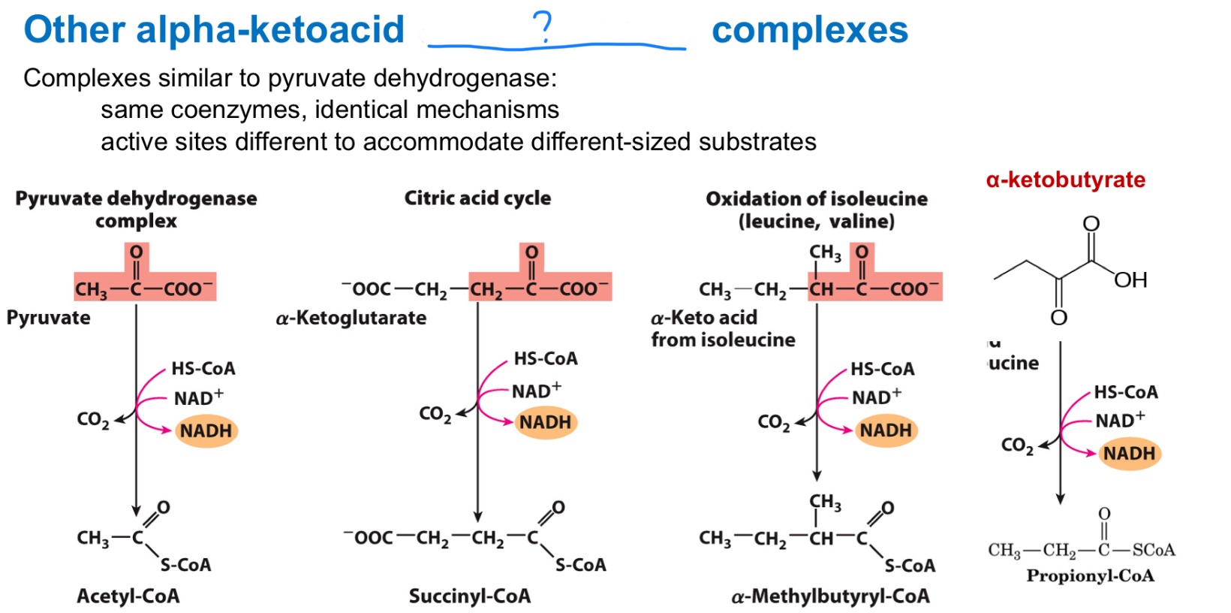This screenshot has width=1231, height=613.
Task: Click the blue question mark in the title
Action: tap(543, 27)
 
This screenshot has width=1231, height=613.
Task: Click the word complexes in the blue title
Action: tap(809, 30)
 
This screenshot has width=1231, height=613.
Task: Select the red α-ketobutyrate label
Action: tap(1065, 180)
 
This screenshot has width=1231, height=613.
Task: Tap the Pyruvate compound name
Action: tap(48, 318)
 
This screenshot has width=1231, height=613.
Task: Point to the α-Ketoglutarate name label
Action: tap(351, 318)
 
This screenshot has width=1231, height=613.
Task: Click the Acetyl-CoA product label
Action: tap(128, 596)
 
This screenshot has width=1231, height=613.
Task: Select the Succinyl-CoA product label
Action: tap(469, 596)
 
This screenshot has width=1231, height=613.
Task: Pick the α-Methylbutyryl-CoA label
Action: tap(830, 596)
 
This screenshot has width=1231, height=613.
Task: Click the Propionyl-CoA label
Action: tap(1090, 575)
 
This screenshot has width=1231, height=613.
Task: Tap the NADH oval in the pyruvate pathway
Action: tap(206, 431)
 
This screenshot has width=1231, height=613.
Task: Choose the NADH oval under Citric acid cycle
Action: tap(546, 422)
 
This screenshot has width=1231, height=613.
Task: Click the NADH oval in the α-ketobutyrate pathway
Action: tap(1129, 454)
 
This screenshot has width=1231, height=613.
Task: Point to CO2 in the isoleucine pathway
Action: tap(773, 423)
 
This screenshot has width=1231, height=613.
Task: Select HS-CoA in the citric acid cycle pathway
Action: tap(546, 358)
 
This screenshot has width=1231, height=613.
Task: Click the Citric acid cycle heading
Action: tap(477, 198)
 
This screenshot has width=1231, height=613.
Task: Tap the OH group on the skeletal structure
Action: tap(1130, 280)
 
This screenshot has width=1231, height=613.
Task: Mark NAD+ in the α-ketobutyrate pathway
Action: tap(1119, 420)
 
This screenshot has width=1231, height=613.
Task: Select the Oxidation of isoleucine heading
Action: tap(816, 199)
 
